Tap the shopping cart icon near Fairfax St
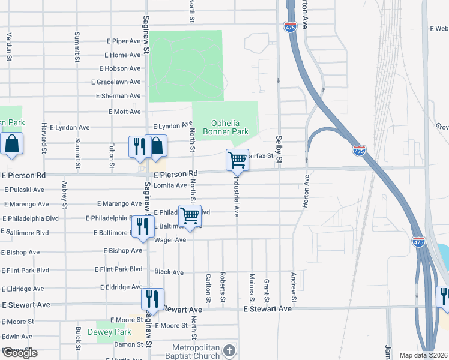[x=238, y=160]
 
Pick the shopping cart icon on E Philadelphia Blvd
[x=190, y=215]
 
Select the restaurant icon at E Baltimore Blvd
[x=142, y=227]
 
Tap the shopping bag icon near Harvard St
[x=11, y=145]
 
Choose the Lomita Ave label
[x=170, y=185]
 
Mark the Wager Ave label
[x=170, y=240]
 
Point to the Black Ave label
[x=169, y=272]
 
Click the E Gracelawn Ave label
[x=116, y=82]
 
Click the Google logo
[x=20, y=353]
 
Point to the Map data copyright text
[x=423, y=355]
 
